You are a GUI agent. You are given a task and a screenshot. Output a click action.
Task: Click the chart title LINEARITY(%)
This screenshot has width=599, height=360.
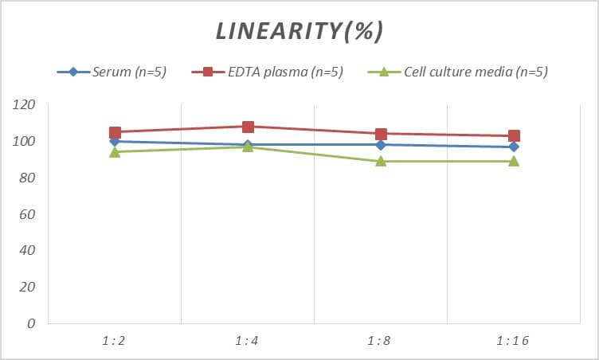coord(299,31)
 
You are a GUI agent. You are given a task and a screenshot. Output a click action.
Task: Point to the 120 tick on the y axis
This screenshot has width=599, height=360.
coord(25,105)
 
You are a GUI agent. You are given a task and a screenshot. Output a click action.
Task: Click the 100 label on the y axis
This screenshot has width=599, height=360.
coord(25,142)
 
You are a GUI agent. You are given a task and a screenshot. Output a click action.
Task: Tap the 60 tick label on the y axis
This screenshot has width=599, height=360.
coord(28,214)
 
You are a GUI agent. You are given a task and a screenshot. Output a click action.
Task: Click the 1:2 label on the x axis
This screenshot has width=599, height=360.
coord(115,340)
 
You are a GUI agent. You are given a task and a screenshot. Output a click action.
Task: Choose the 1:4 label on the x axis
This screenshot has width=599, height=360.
coord(248,340)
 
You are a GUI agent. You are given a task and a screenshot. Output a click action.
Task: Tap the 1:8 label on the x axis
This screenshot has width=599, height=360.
coord(381,340)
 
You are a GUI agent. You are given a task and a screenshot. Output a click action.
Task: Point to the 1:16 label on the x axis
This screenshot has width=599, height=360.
coord(514,340)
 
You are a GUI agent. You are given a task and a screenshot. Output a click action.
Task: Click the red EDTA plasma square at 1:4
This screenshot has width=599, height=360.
coord(248,127)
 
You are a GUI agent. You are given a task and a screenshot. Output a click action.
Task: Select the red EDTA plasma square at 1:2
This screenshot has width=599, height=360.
coord(115,132)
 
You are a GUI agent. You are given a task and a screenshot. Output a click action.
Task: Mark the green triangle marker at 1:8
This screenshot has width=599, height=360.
coord(381,161)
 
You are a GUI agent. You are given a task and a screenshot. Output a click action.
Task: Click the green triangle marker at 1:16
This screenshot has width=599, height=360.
coord(514,161)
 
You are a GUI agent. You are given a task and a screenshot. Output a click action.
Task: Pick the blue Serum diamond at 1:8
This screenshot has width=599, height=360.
coord(381,145)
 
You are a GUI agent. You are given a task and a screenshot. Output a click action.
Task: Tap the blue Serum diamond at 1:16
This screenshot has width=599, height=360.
coord(514,147)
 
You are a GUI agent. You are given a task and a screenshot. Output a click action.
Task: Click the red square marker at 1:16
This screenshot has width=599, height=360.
coord(514,136)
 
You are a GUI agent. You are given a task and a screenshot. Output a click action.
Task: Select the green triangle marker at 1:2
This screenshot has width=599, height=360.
coord(115,151)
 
